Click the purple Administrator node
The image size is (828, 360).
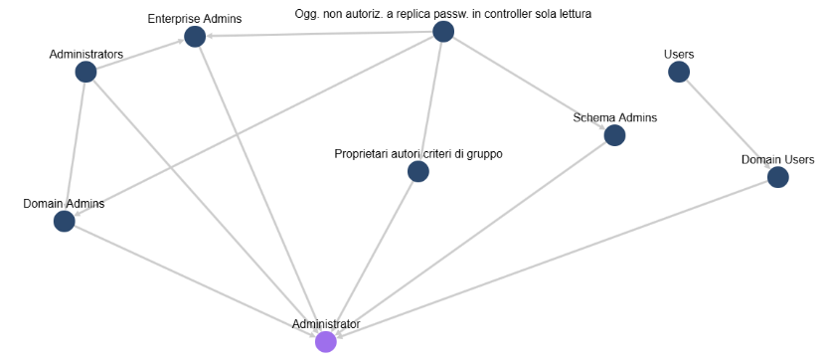(x=326, y=342)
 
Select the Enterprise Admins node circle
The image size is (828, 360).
(x=195, y=37)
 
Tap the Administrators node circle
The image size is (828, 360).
(x=85, y=72)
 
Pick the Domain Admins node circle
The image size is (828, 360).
(x=64, y=221)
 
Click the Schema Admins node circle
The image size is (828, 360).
(x=614, y=135)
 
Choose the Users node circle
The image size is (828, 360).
(x=679, y=72)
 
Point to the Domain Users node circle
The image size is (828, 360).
(x=778, y=177)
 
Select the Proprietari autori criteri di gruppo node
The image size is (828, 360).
(x=418, y=172)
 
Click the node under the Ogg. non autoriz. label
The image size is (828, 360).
(x=443, y=31)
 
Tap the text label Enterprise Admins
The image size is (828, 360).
(x=195, y=19)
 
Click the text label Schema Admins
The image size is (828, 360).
(x=614, y=117)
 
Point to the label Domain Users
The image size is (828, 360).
(x=778, y=160)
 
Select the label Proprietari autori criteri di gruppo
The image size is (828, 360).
(x=418, y=154)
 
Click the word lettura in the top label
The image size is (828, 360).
(x=576, y=14)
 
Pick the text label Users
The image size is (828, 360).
(x=679, y=54)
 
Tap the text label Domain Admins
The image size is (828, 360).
(x=64, y=204)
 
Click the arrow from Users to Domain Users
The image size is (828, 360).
(x=729, y=124)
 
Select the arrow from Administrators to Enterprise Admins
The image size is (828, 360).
(x=140, y=55)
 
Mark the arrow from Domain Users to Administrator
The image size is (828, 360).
(x=552, y=260)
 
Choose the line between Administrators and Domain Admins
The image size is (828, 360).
(x=75, y=146)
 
